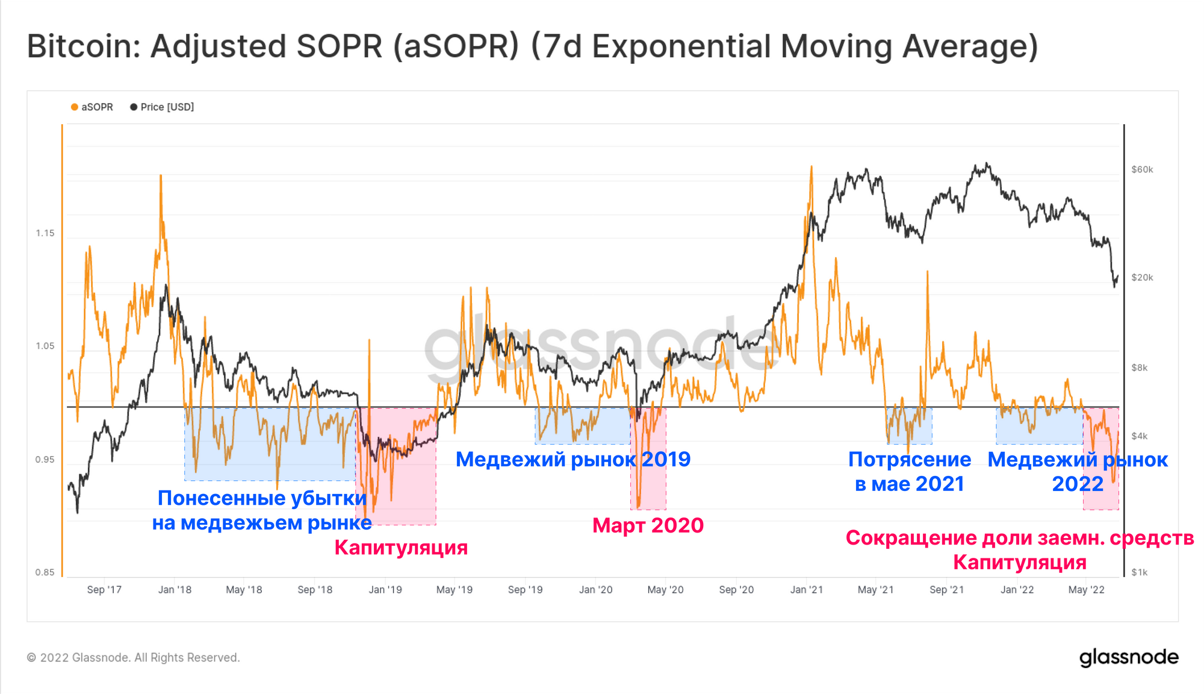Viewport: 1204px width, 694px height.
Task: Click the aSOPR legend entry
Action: click(92, 107)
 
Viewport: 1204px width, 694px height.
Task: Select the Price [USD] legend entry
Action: click(162, 107)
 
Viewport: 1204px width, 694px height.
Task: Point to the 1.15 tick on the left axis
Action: click(45, 233)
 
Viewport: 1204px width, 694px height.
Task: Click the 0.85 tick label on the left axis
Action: click(45, 572)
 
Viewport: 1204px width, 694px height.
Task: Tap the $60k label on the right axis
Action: click(1142, 170)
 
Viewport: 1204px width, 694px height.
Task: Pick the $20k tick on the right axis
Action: click(1142, 278)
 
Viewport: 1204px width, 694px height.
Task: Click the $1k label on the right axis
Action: click(1139, 572)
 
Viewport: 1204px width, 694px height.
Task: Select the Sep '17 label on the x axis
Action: click(104, 590)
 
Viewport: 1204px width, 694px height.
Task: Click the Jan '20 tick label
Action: click(595, 590)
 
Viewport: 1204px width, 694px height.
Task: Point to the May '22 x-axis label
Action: click(1086, 590)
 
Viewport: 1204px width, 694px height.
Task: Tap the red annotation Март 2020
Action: click(648, 525)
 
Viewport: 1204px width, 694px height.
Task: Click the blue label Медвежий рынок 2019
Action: click(573, 460)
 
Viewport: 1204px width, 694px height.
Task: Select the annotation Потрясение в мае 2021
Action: click(910, 472)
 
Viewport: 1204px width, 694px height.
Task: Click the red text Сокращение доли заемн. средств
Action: click(1020, 538)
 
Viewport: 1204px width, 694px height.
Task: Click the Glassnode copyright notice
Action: click(133, 658)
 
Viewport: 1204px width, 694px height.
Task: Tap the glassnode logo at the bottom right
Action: click(1129, 657)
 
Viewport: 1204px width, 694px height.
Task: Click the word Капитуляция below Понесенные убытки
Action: click(401, 548)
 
